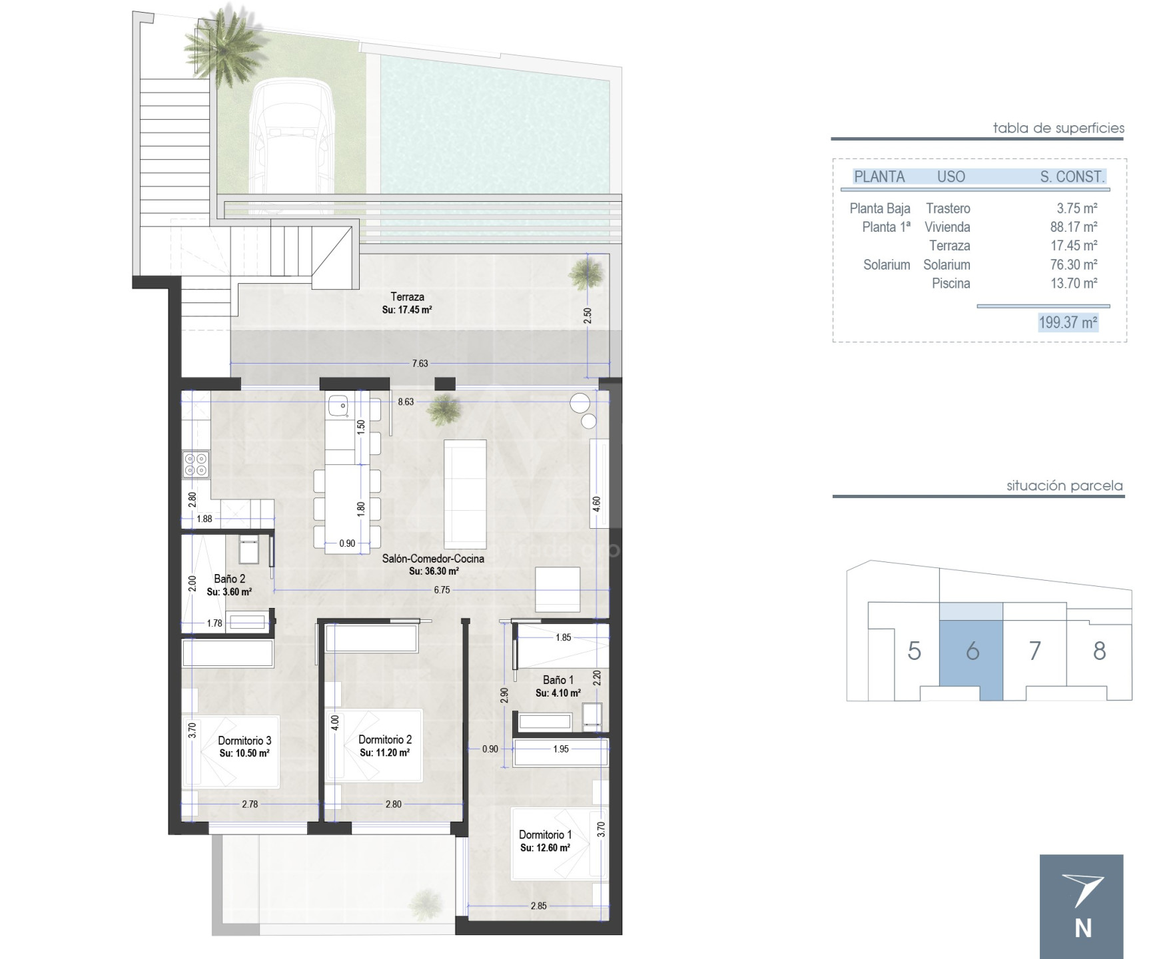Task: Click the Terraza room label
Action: pos(407,297)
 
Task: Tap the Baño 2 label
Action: pos(230,579)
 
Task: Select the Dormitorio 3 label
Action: pos(244,741)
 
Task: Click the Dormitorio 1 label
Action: pos(545,834)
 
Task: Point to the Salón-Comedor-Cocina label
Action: pos(433,559)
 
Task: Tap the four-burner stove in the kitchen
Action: pos(196,464)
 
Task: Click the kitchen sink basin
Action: pos(338,404)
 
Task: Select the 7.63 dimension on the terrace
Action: pos(420,364)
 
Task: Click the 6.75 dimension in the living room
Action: pos(442,590)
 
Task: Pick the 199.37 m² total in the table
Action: pos(1068,322)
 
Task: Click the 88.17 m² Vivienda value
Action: pos(1074,227)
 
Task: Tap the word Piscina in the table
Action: pos(951,284)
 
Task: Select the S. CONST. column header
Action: pos(1072,176)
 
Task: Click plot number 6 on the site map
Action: pos(972,651)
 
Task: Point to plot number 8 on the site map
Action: pos(1099,651)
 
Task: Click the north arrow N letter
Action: pos(1082,928)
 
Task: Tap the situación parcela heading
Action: pos(1064,486)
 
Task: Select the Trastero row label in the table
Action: pos(948,208)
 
